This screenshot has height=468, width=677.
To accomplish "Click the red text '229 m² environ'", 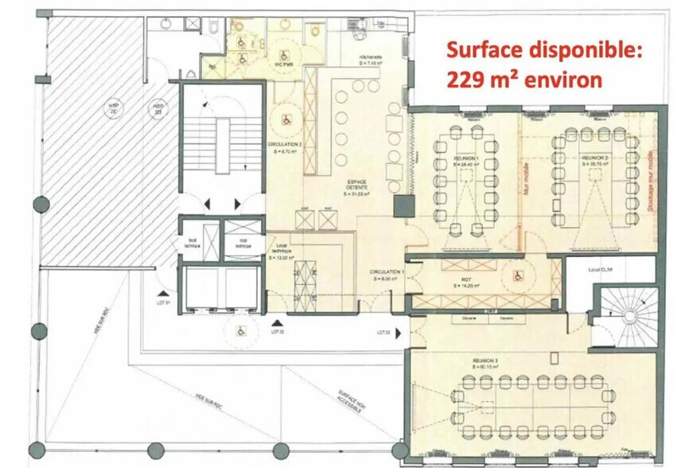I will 523,80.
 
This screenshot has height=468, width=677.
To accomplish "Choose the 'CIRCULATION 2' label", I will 282,146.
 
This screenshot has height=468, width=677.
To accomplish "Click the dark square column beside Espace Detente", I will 404,207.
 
